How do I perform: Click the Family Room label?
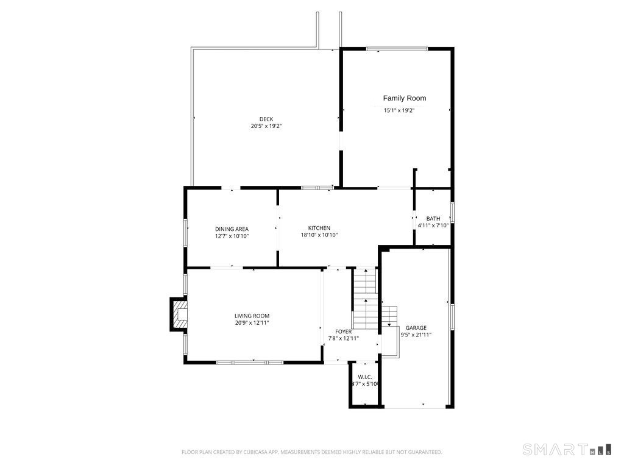[404, 98]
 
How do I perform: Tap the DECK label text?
[266, 119]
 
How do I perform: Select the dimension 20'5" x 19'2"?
[266, 126]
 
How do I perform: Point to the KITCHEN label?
[319, 228]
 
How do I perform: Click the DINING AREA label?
[232, 229]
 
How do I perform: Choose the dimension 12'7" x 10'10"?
[232, 236]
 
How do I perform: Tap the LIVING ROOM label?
[252, 316]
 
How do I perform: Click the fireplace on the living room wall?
[179, 314]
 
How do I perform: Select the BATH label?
[433, 218]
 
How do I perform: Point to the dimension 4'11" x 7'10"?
[433, 225]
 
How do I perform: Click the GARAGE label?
[416, 327]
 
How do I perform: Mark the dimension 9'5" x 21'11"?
[416, 335]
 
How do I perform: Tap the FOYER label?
[343, 331]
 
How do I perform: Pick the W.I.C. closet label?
[364, 377]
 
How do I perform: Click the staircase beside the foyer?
[366, 299]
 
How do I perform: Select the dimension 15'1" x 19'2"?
[399, 110]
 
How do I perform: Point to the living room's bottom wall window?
[250, 363]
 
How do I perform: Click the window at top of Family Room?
[397, 48]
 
